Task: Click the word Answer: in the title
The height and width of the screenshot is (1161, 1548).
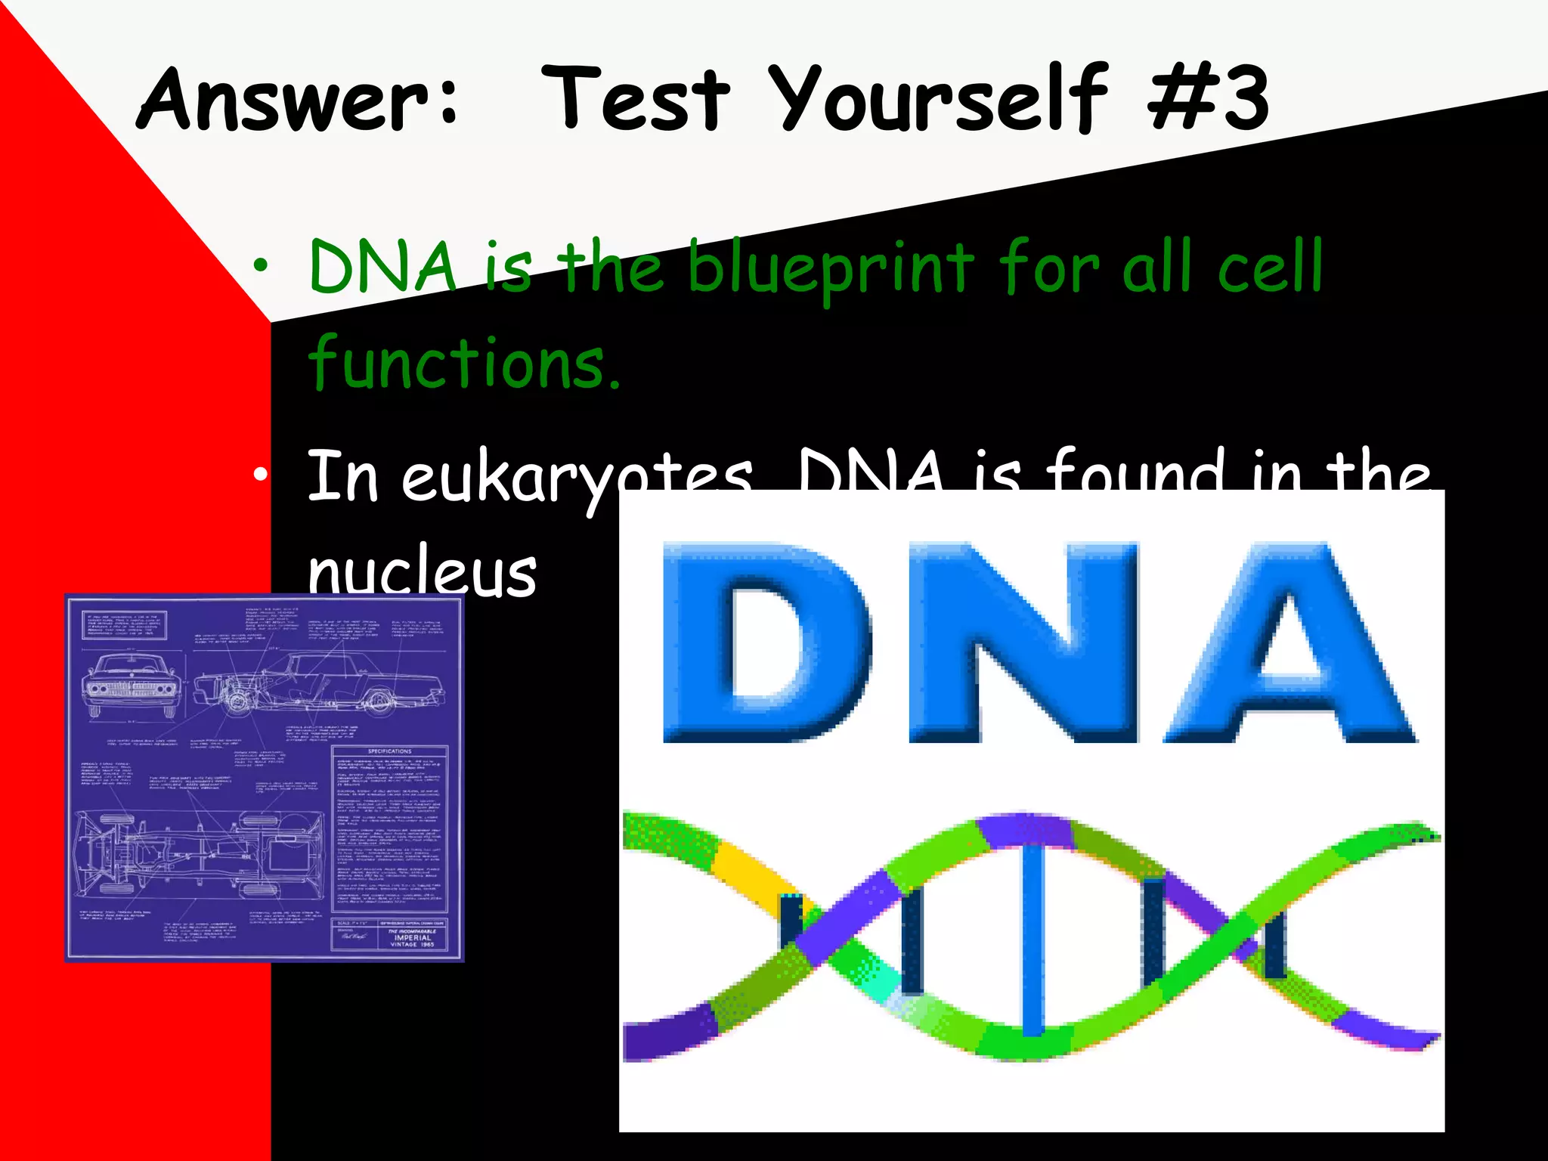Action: [x=299, y=100]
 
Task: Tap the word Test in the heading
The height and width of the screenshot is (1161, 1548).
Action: [x=636, y=100]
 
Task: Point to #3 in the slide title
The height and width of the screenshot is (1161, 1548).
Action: [x=1208, y=100]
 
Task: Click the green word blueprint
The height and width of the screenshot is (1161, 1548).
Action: [x=830, y=269]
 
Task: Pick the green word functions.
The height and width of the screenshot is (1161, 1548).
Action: [x=463, y=364]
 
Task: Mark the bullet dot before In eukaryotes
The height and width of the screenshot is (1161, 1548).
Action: [x=261, y=475]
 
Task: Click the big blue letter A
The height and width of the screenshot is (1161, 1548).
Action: [x=1289, y=642]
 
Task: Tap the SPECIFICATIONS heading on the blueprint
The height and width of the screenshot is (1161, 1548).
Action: [x=389, y=751]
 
